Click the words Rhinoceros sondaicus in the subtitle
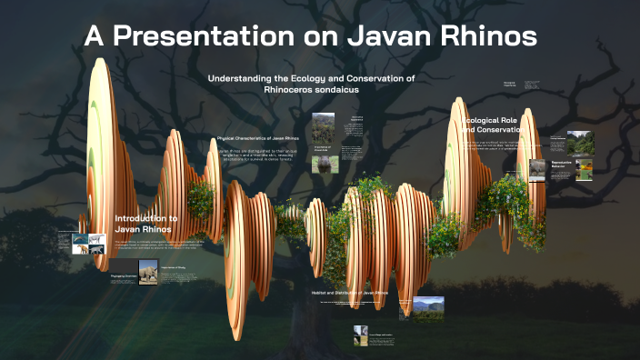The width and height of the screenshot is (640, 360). coord(311,90)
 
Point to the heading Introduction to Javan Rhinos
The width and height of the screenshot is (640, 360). coord(145,224)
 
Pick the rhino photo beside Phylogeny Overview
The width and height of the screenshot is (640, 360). coord(147,271)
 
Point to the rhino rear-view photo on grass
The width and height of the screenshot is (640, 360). coord(322,163)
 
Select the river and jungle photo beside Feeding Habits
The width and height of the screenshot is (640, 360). coord(579,142)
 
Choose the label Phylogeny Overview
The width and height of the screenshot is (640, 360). coord(122,275)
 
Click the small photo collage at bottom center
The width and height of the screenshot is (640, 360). coord(362,335)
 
